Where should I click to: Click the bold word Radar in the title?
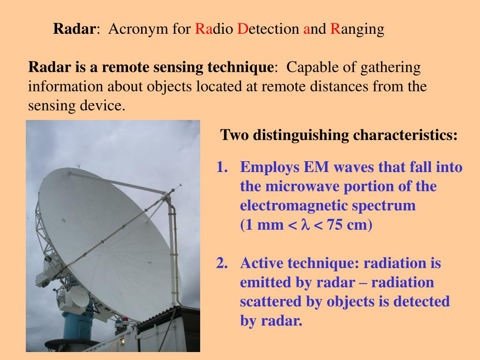tap(74, 30)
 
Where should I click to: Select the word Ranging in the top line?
tap(357, 30)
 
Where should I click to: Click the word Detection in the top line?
tap(268, 30)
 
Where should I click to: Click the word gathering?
tap(390, 67)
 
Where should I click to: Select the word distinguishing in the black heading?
tap(301, 135)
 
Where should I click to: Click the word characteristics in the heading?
tap(405, 135)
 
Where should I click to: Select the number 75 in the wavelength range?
tap(335, 225)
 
